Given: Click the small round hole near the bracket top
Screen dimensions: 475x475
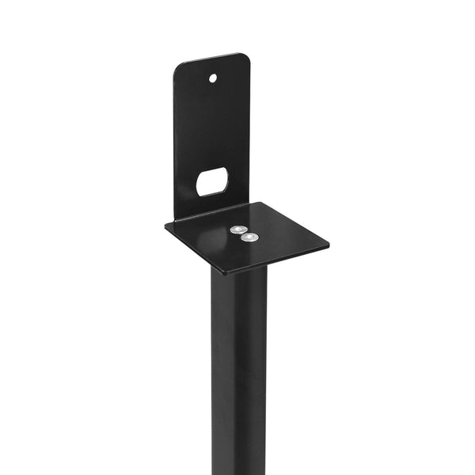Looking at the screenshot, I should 213,78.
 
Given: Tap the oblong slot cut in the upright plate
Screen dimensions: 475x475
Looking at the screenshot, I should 212,181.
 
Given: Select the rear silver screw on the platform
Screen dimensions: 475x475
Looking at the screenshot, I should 237,230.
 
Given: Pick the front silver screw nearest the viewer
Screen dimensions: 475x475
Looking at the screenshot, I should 250,237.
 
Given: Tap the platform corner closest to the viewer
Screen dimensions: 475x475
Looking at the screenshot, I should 226,273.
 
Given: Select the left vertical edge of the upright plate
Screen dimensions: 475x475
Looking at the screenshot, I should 174,142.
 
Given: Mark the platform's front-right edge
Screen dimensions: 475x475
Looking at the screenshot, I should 277,259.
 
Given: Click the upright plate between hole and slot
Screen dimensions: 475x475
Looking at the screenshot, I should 212,127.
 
